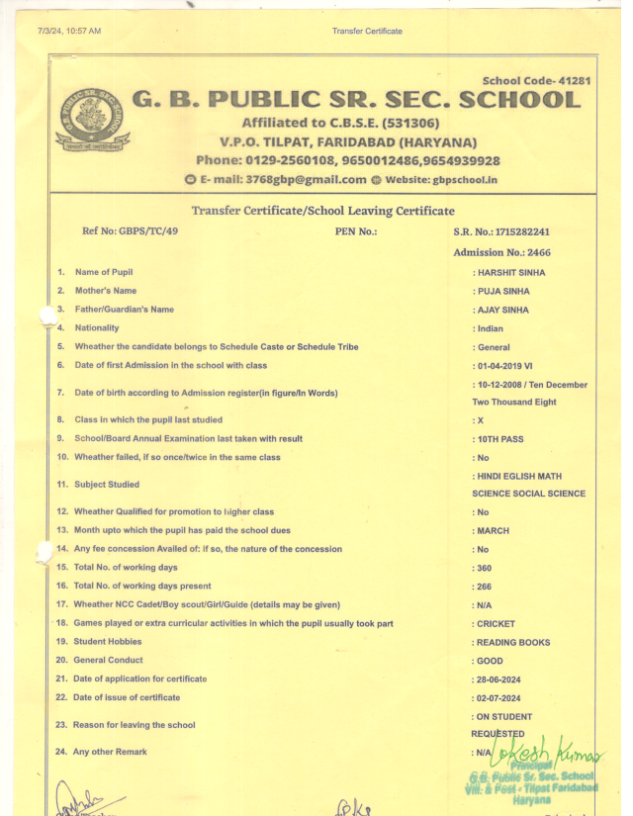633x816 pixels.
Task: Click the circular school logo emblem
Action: pos(85,119)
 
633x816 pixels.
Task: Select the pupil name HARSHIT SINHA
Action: pos(511,272)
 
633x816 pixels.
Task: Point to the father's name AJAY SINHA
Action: pos(503,310)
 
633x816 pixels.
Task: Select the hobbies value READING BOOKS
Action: pos(513,642)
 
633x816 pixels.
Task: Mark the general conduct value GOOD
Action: pos(490,661)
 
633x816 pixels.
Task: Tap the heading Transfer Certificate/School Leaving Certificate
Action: pos(323,211)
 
